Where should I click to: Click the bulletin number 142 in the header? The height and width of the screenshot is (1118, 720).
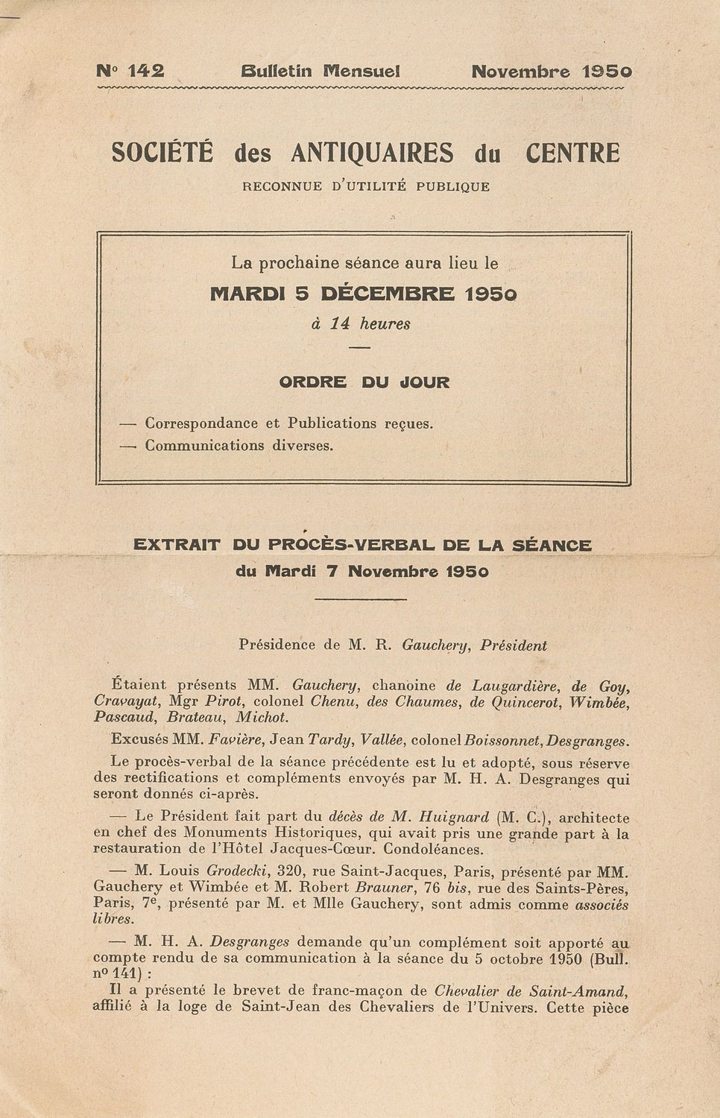(145, 72)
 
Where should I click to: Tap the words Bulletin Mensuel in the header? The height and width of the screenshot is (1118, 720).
(320, 72)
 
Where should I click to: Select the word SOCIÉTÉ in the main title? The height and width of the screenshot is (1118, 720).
(162, 153)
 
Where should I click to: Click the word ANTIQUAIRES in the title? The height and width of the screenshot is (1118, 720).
(371, 153)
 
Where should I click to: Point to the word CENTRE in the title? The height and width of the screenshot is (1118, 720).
(572, 153)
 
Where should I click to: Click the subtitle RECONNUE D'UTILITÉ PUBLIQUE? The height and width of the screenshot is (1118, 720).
(366, 186)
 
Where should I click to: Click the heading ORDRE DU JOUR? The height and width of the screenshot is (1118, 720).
(364, 382)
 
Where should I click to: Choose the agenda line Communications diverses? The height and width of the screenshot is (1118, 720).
(239, 446)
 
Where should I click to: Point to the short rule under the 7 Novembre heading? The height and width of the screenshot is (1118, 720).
(361, 599)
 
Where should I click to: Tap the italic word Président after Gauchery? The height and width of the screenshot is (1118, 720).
(514, 646)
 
